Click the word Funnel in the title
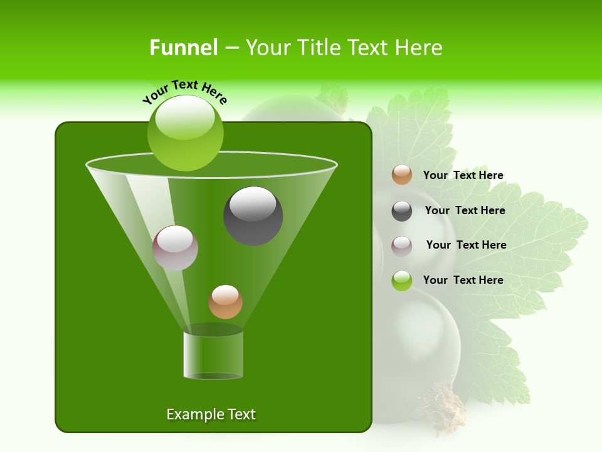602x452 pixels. [x=183, y=48]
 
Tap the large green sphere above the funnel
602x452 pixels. [x=185, y=132]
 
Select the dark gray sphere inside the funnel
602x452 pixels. [x=253, y=215]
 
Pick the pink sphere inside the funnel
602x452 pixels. [x=175, y=248]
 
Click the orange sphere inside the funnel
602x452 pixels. [x=225, y=301]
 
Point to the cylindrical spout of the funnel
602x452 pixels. [x=213, y=355]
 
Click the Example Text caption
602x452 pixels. [x=211, y=414]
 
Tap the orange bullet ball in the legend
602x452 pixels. [x=402, y=175]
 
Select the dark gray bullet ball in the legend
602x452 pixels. [x=402, y=211]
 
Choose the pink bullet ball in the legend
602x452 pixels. [x=402, y=246]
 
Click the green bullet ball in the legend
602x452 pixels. [x=402, y=281]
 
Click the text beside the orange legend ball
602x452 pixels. [x=463, y=176]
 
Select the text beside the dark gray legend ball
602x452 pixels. [x=465, y=211]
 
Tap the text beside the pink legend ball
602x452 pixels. [x=466, y=245]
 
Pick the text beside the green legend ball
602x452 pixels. [x=463, y=280]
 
